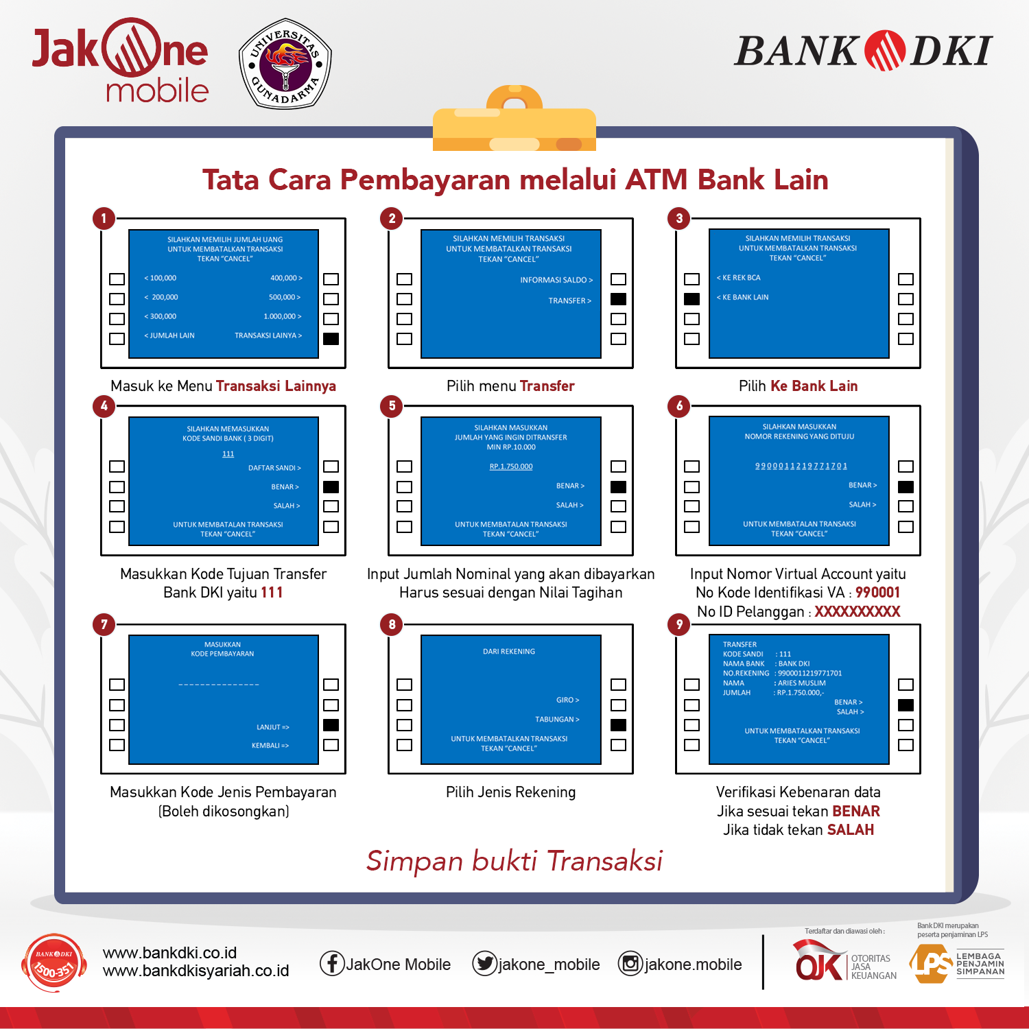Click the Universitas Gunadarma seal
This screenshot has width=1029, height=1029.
click(285, 64)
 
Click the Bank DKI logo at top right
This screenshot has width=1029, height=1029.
click(863, 51)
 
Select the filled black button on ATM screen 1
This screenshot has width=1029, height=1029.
click(331, 338)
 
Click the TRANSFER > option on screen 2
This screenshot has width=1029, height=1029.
click(569, 300)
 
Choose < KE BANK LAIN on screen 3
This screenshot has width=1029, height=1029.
click(743, 297)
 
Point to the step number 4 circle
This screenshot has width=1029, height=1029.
click(104, 406)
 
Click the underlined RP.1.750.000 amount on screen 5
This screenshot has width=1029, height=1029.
click(511, 466)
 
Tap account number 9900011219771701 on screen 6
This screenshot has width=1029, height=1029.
click(801, 466)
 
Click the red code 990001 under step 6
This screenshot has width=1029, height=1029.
click(877, 593)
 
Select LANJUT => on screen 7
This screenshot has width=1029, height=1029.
click(273, 727)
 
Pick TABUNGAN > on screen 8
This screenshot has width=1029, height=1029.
click(557, 720)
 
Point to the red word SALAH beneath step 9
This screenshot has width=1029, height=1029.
click(851, 830)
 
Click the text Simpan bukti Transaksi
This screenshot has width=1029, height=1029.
click(514, 861)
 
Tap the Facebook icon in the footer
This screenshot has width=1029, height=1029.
click(332, 964)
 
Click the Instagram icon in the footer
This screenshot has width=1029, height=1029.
click(630, 964)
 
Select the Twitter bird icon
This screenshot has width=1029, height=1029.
click(484, 964)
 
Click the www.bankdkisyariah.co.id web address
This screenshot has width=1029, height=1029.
click(196, 971)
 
